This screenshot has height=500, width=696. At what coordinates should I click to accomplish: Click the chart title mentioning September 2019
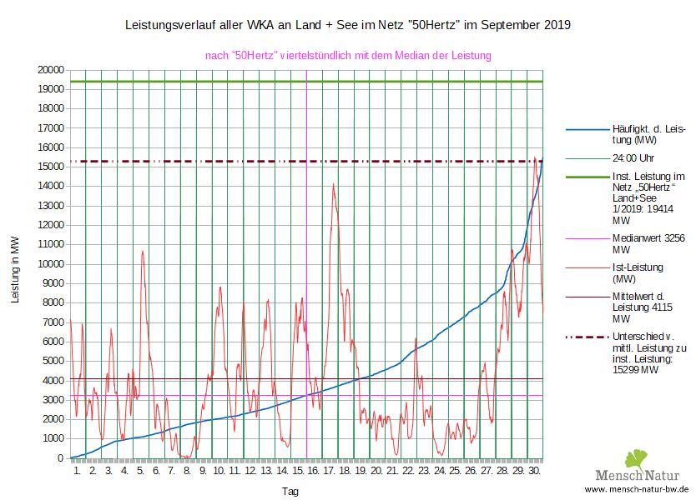(x=347, y=25)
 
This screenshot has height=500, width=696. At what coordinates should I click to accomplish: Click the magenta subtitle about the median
(x=347, y=55)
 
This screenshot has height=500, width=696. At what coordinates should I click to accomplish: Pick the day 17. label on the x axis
(x=330, y=471)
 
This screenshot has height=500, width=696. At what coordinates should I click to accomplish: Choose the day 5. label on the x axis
(x=140, y=471)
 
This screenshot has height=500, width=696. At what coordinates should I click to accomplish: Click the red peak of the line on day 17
(x=333, y=184)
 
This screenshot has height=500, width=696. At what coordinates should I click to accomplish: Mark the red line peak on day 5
(x=143, y=251)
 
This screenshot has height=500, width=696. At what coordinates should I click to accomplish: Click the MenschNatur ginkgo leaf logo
(x=636, y=459)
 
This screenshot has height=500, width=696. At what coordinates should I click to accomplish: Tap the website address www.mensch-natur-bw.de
(x=636, y=489)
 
